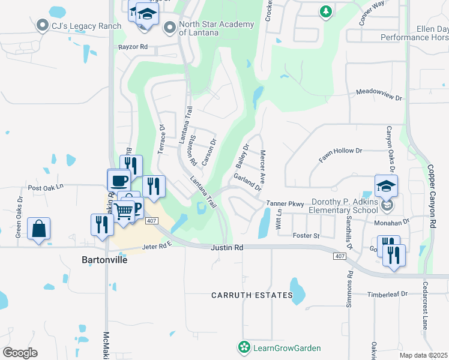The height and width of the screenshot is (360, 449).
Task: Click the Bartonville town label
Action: click(x=106, y=260)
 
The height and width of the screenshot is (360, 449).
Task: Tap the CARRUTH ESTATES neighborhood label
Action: click(x=252, y=295)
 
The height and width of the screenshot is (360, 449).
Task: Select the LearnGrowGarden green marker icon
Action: click(x=244, y=347)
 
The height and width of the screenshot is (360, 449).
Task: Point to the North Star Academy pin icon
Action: click(x=170, y=27)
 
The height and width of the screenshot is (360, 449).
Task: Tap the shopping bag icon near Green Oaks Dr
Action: click(x=38, y=229)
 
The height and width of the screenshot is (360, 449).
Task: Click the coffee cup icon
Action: click(x=119, y=179)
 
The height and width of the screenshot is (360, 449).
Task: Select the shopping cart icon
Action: click(x=124, y=211)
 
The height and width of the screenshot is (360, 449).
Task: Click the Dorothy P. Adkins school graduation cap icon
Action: click(x=386, y=186)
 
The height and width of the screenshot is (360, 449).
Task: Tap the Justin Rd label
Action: click(x=227, y=247)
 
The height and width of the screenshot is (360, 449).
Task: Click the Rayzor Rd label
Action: click(x=133, y=46)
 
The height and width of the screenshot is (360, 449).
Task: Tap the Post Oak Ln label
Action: click(x=45, y=187)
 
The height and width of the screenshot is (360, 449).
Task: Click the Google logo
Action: click(x=20, y=352)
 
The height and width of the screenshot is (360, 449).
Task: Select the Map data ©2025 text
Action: click(x=423, y=355)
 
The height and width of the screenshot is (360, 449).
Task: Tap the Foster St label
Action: click(x=306, y=236)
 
